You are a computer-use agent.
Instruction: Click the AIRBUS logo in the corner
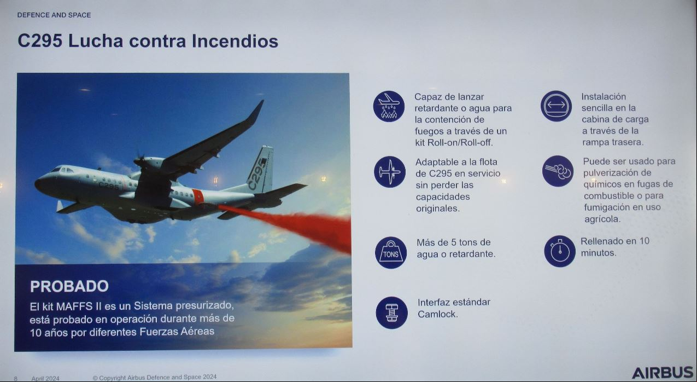(x=663, y=373)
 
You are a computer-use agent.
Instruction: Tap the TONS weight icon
(x=391, y=252)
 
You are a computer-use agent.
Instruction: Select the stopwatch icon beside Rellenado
(x=560, y=251)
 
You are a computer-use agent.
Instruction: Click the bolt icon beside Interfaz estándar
(x=392, y=312)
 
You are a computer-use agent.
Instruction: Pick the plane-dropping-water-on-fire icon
(x=389, y=106)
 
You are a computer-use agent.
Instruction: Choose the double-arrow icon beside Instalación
(x=556, y=106)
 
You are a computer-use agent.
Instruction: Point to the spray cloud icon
(x=558, y=171)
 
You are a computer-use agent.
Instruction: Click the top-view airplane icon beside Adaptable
(x=390, y=172)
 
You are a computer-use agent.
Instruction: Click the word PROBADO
(x=69, y=286)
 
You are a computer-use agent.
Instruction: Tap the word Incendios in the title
(x=235, y=41)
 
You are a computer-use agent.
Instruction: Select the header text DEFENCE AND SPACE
(x=54, y=15)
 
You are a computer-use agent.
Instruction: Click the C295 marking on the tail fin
(x=257, y=173)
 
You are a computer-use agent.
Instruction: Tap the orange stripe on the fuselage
(x=198, y=196)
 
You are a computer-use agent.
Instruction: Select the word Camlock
(x=438, y=314)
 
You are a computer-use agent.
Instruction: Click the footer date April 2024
(x=45, y=379)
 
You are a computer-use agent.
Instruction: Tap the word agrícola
(x=602, y=219)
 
